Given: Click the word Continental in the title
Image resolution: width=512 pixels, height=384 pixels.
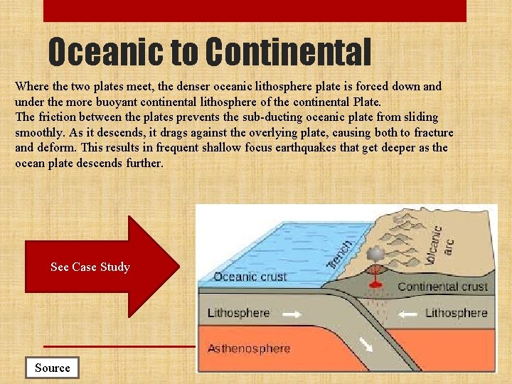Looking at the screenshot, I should click(x=289, y=52).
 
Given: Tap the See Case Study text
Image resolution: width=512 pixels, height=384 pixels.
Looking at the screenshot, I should click(x=90, y=267).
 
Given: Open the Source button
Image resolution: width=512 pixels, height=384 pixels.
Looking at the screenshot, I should click(x=53, y=368).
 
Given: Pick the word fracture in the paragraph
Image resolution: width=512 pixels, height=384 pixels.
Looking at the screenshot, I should click(x=430, y=132).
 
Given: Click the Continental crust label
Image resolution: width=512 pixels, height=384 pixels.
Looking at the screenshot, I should click(x=442, y=287).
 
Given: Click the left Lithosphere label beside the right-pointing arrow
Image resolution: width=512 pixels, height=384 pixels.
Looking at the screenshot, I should click(x=238, y=313).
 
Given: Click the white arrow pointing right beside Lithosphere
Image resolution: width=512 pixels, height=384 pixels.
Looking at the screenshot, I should click(x=292, y=313).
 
